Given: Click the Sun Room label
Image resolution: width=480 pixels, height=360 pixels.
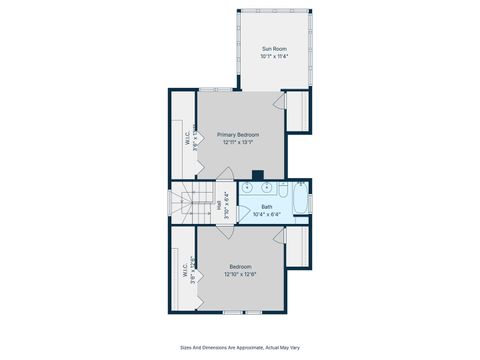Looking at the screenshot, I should click(x=273, y=49).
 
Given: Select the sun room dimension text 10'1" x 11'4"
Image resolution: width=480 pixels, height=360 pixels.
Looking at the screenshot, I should click(x=273, y=57).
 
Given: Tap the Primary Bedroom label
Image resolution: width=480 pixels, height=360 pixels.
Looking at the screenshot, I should click(x=240, y=134).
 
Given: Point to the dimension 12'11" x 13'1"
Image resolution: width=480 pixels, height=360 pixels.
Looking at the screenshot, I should click(x=240, y=142).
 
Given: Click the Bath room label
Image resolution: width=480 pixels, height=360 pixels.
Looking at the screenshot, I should click(x=267, y=207).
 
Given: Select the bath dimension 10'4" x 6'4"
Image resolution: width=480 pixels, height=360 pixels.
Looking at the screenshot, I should click(x=267, y=214).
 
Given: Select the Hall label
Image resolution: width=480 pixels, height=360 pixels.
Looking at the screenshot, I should click(x=218, y=206).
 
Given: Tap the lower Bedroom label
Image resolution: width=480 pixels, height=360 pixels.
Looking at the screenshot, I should click(x=240, y=266).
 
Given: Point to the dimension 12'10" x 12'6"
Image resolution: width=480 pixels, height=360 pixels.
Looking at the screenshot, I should click(x=240, y=274).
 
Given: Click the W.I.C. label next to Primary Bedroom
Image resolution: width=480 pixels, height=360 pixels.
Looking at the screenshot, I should click(x=187, y=139).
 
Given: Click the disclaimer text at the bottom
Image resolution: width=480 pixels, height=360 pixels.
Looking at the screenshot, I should click(x=240, y=348).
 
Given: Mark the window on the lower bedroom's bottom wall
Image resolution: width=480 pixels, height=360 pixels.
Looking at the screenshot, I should click(x=240, y=312).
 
